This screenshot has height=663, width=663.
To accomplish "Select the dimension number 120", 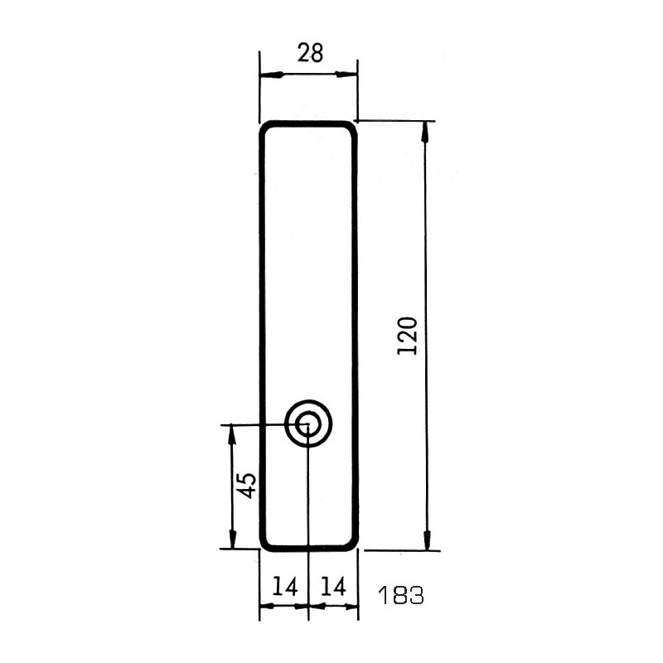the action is pos(408,336).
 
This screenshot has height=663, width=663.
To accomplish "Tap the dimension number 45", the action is pos(246,485).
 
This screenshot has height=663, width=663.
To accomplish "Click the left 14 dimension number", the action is pos(284,586).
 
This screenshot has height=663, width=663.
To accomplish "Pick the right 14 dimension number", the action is pos(333,586).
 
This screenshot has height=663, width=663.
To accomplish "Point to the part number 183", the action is pos(400,596).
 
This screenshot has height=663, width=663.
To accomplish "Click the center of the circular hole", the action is pos(308,423).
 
